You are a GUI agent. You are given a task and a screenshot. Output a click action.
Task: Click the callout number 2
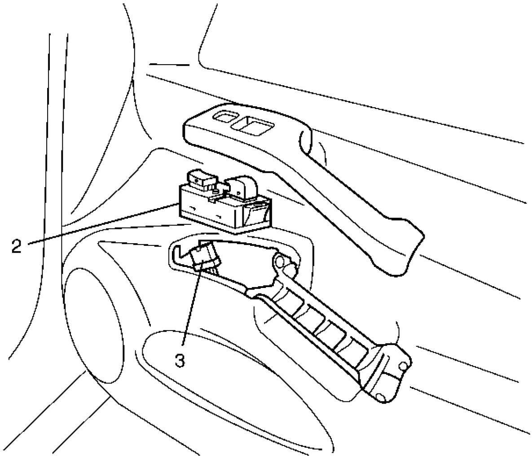[16, 246]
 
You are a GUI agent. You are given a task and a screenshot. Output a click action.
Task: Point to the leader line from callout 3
[190, 310]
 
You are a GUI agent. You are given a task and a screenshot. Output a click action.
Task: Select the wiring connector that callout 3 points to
[204, 257]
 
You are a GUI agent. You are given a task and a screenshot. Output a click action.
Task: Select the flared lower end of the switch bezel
[395, 244]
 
